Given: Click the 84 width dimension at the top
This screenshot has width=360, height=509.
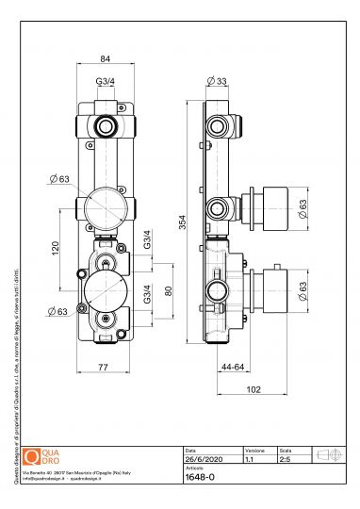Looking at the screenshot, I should pyautogui.click(x=105, y=58).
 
